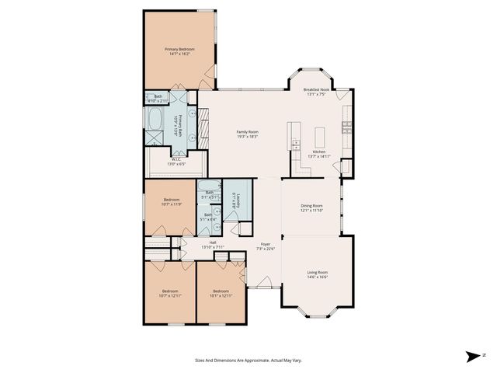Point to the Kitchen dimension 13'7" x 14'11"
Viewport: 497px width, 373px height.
[321, 156]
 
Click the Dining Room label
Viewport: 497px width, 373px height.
[311, 207]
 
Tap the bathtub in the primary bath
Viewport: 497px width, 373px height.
[155, 120]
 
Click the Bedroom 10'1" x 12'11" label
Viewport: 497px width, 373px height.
[221, 293]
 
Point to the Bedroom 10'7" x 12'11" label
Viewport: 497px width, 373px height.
[169, 293]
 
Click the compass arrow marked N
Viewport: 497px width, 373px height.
[474, 357]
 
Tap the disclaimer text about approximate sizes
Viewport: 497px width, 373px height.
[248, 360]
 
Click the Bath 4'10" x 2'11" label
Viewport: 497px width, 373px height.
[158, 99]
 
